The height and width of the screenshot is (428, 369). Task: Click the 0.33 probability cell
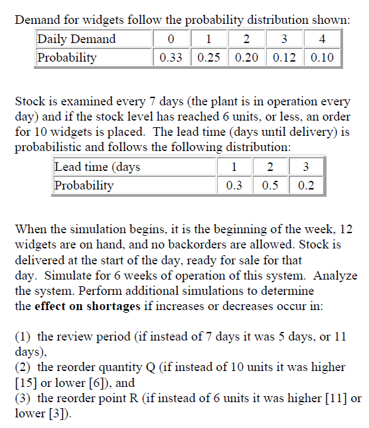pos(172,58)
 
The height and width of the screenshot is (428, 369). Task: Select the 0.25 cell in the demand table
pos(210,58)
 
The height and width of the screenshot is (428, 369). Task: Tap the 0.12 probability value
pos(285,58)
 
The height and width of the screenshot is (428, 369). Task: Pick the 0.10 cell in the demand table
pos(323,58)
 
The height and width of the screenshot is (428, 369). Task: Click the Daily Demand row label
pos(77,39)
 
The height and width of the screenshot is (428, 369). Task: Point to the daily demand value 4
pos(323,39)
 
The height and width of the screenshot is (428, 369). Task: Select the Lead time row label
pos(97,167)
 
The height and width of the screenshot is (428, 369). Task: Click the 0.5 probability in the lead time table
pos(270,186)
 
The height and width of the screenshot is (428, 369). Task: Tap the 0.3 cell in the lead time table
pos(234,186)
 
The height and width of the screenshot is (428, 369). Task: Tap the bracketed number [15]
pos(26,383)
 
